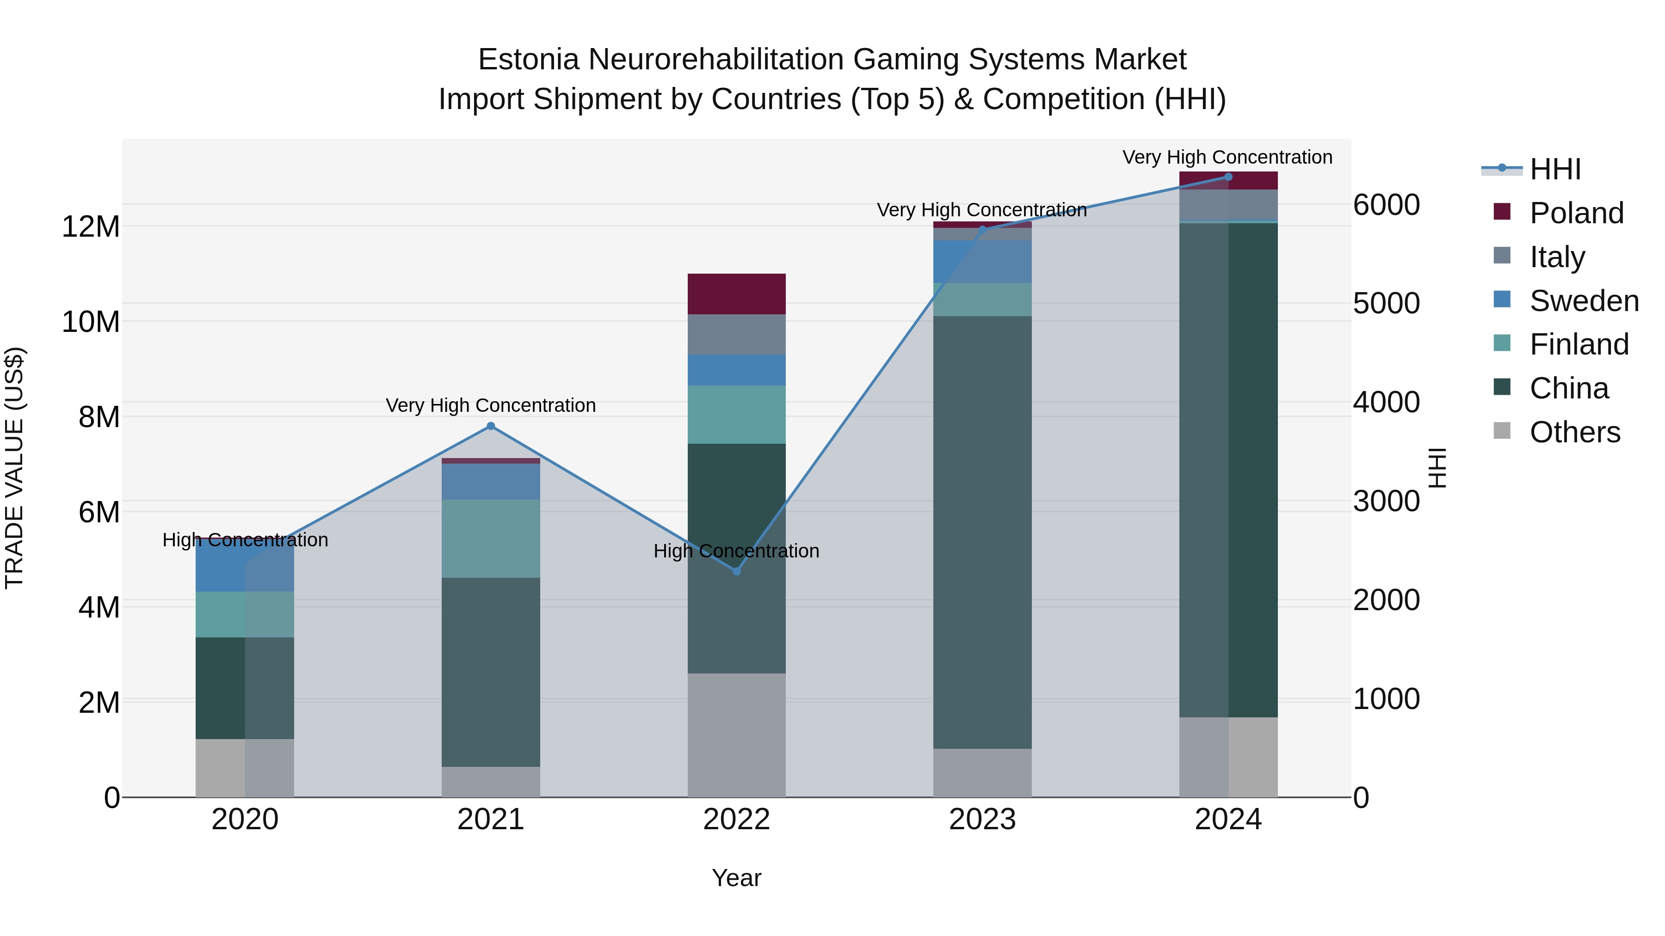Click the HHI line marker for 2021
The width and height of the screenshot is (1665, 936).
tap(491, 426)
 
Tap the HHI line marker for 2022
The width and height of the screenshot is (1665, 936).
tap(736, 571)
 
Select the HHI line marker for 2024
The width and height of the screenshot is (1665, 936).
tap(1228, 177)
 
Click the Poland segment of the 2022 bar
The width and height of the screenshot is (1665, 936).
tap(736, 294)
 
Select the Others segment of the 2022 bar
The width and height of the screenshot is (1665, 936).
tap(736, 735)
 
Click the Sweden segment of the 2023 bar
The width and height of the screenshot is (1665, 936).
tap(982, 262)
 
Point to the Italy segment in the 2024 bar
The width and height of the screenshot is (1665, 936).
tap(1228, 205)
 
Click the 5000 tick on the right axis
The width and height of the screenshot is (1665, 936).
tap(1387, 304)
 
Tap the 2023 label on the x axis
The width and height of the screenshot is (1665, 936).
tap(982, 820)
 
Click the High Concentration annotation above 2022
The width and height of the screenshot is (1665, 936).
tap(736, 551)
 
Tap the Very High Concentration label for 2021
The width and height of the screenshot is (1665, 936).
tap(491, 406)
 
